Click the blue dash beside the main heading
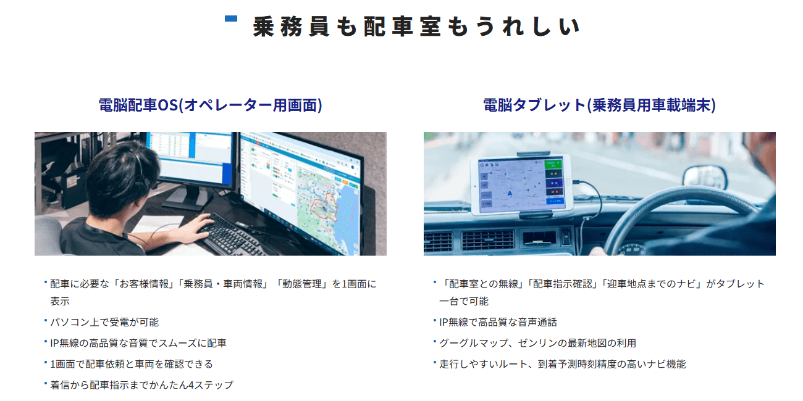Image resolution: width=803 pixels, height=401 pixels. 231,19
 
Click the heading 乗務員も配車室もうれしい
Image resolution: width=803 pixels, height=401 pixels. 416,27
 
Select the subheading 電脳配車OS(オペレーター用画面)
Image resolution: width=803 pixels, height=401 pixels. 211,105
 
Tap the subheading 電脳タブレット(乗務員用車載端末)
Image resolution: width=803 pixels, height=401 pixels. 599,105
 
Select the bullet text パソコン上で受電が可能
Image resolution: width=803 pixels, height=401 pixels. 104,322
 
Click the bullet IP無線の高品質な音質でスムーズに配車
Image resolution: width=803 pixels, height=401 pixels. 138,344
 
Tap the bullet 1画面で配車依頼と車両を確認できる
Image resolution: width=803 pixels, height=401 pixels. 132,364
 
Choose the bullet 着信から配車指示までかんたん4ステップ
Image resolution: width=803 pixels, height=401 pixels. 141,385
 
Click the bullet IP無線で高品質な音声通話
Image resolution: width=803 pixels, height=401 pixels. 498,322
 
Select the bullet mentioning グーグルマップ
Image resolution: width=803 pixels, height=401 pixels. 538,344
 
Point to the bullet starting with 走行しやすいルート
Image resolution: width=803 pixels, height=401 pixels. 563,364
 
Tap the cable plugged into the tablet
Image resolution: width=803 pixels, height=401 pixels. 592,200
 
